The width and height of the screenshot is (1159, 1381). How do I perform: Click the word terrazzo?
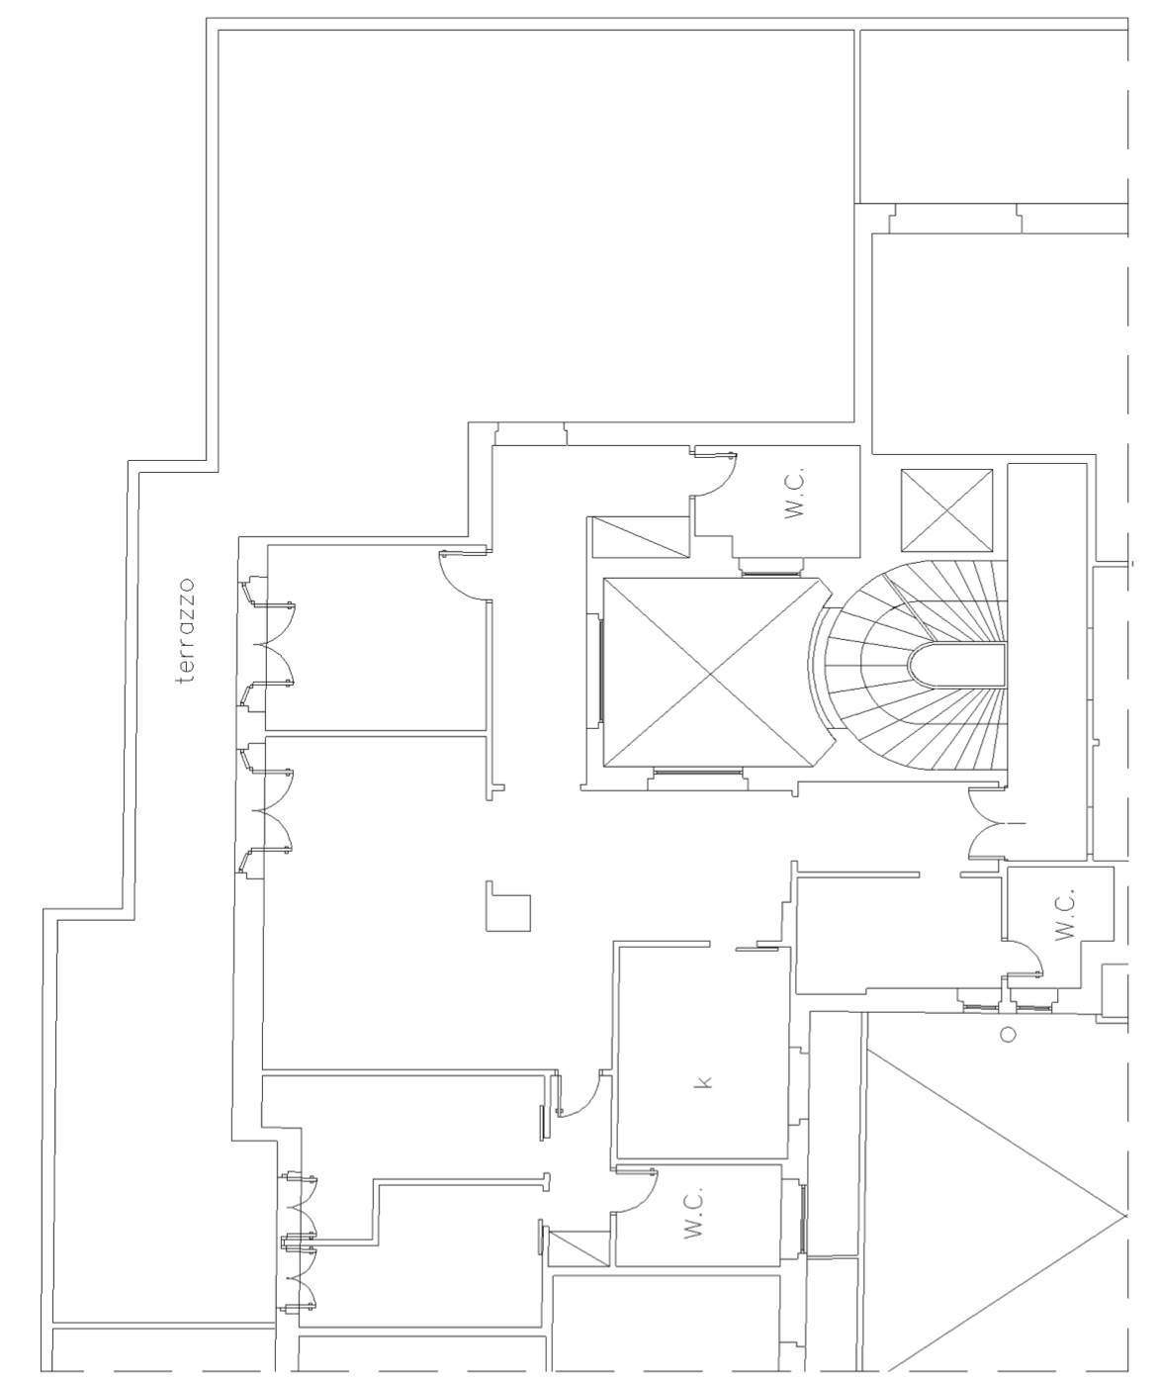[x=187, y=631]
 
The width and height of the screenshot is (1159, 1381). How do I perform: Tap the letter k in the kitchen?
[x=705, y=1082]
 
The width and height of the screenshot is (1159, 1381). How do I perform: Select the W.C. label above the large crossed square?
[x=794, y=494]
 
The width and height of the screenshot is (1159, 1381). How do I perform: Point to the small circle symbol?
[x=1009, y=1035]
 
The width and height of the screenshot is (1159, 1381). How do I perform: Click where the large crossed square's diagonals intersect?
[x=710, y=674]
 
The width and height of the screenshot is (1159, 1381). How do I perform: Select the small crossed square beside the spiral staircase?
[x=946, y=509]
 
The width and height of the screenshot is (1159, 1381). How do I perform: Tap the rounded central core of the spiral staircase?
[x=956, y=667]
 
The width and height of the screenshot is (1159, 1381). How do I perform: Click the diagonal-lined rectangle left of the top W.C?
[x=640, y=536]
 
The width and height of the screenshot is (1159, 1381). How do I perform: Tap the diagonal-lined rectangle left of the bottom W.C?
[x=579, y=1248]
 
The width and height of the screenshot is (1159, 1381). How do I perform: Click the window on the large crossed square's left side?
[x=600, y=672]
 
